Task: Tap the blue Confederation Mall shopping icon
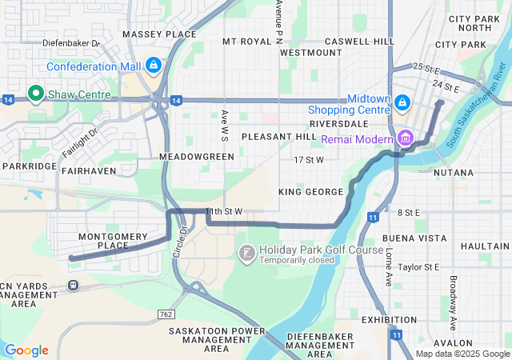[153, 65]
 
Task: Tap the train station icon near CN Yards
[73, 285]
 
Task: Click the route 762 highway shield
[166, 314]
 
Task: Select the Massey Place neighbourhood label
[159, 34]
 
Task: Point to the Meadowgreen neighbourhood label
[197, 156]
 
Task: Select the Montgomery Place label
[103, 241]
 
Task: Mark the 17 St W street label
[308, 160]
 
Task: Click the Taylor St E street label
[418, 267]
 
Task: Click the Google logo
[27, 350]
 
